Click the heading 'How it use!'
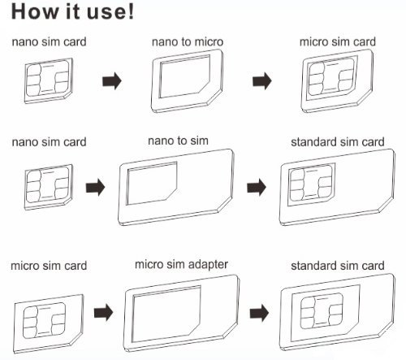[x=72, y=12]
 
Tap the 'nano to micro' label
[x=188, y=42]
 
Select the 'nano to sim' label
[x=178, y=141]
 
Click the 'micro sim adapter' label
[x=181, y=265]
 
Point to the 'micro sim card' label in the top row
[x=338, y=42]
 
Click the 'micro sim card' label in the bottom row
[x=49, y=266]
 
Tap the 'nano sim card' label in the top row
[x=49, y=42]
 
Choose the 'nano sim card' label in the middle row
[x=49, y=142]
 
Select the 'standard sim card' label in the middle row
[x=338, y=142]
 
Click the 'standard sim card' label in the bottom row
[x=338, y=266]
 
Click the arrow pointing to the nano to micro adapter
[x=112, y=80]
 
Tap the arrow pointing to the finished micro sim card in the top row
[x=262, y=80]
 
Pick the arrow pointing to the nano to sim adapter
[x=95, y=187]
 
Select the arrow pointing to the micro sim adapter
[x=103, y=313]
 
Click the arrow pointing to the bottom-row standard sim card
[x=259, y=313]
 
